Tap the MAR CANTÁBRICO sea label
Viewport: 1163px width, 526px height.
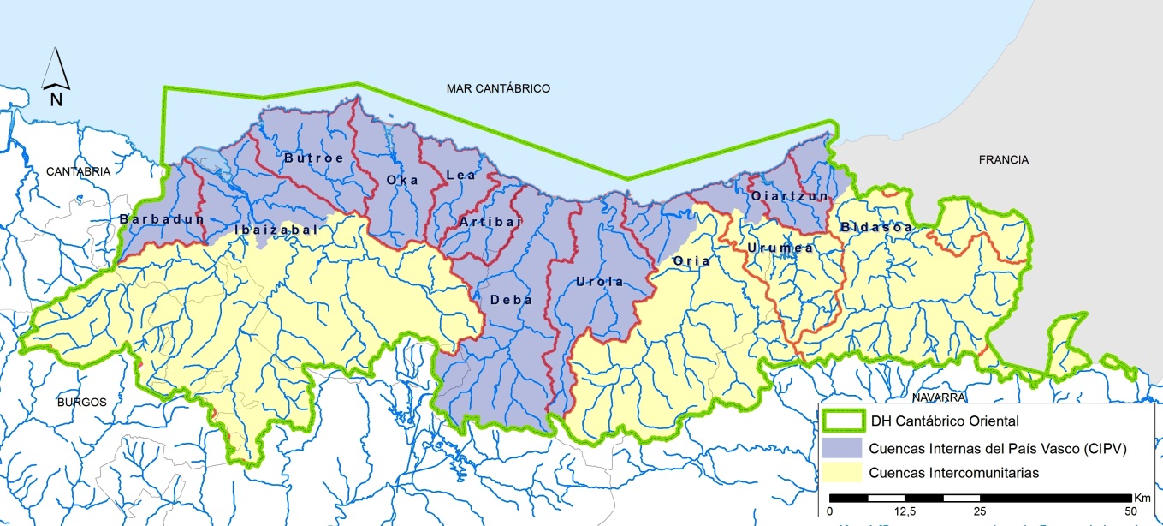(498, 89)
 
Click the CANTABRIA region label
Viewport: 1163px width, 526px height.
(79, 171)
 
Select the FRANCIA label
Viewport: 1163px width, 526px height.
(1006, 160)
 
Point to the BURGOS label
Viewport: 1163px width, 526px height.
(82, 401)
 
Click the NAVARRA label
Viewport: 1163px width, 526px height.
(939, 398)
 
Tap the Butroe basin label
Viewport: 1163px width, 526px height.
(301, 158)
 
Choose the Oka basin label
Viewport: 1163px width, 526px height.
(402, 180)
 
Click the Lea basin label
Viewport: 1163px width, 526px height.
(460, 176)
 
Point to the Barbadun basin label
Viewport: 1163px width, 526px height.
(163, 219)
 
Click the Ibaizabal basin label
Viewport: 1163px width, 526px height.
(276, 230)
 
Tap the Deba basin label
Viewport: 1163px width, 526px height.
(511, 300)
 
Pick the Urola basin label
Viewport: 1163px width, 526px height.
(599, 282)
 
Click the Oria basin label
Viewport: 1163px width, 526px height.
(691, 261)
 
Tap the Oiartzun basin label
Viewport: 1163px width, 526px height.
(789, 196)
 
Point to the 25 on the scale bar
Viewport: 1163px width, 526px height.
(979, 511)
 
